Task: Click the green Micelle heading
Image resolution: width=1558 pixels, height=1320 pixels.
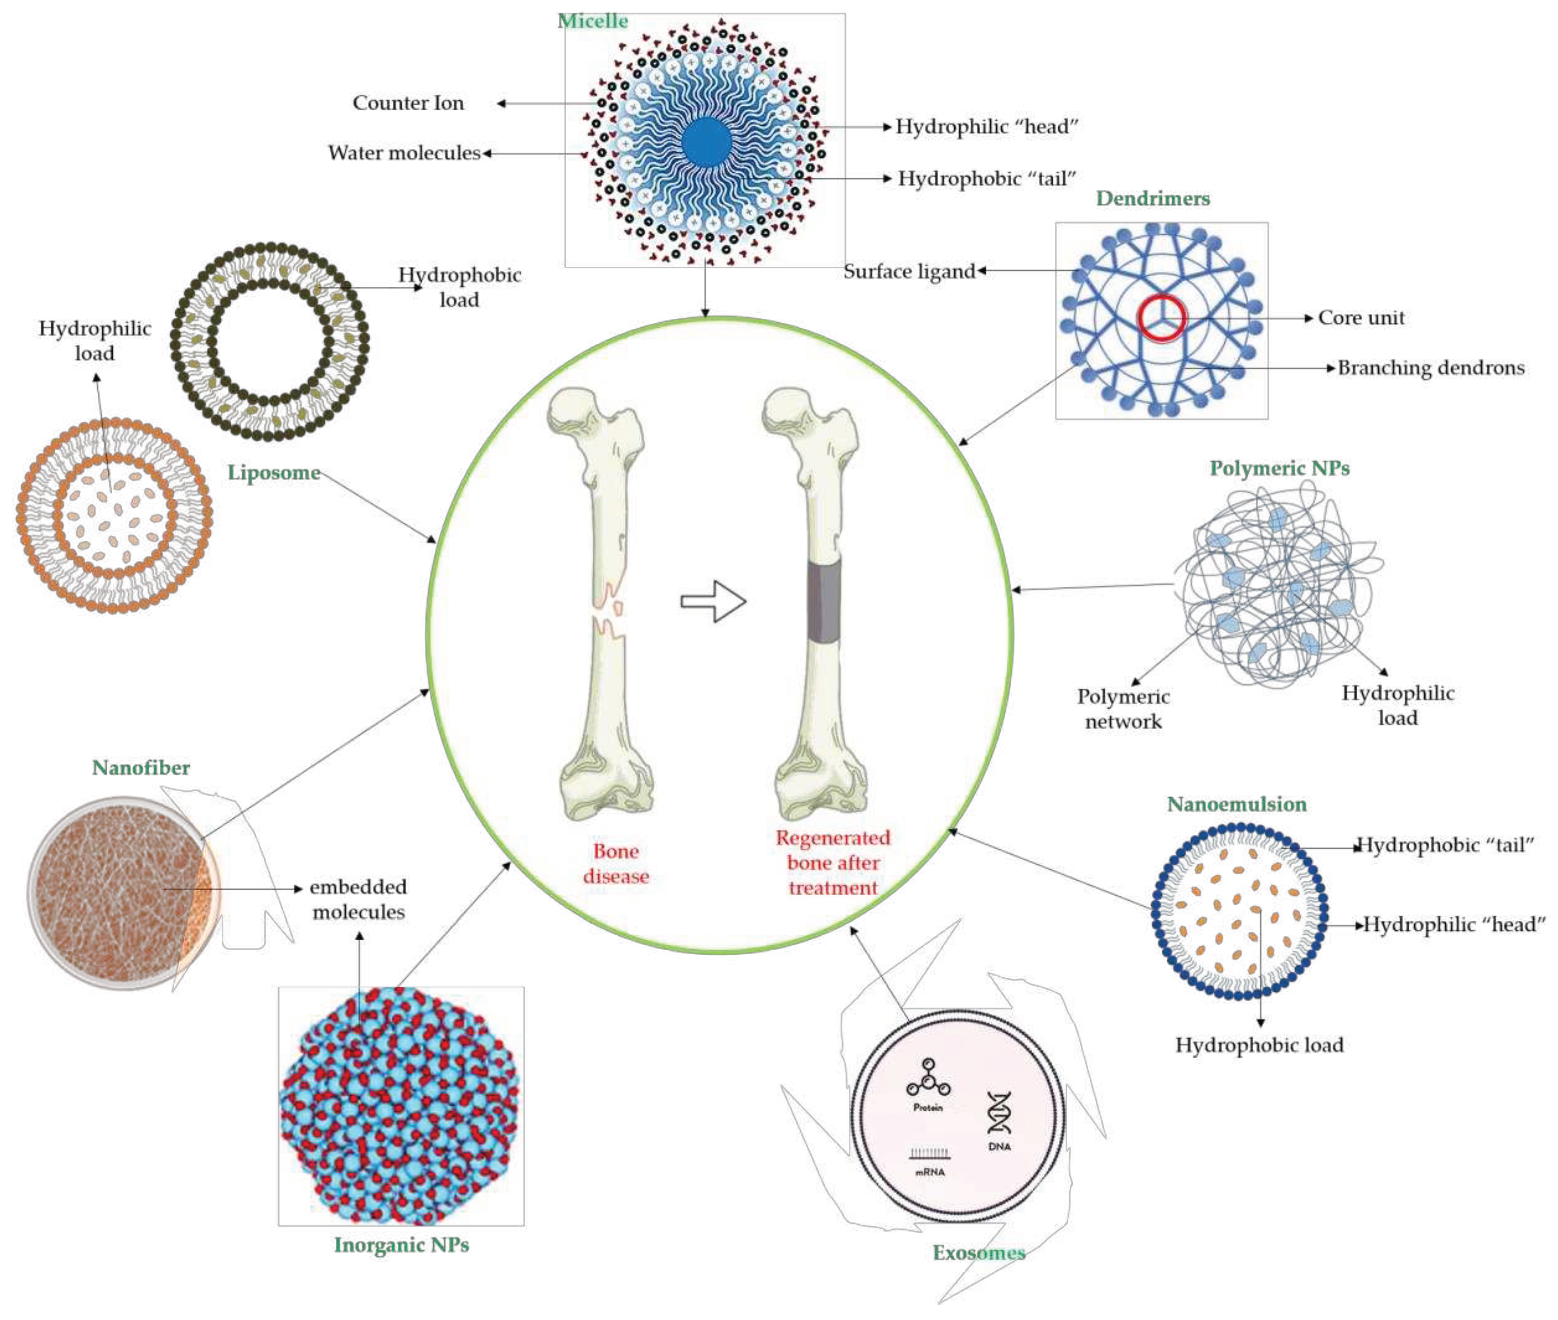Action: pos(593,21)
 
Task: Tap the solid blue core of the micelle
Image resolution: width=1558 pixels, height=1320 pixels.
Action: pos(706,142)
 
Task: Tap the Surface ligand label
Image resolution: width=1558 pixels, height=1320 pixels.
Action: pos(909,271)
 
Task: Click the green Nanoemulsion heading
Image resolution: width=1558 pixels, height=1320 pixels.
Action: pos(1236,804)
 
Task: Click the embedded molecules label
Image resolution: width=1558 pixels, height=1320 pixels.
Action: pos(358,899)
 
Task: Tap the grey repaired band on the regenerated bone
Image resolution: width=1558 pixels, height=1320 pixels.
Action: pos(824,600)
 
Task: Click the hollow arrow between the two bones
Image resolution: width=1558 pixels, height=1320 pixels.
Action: pos(713,601)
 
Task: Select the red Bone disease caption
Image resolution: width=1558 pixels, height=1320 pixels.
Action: pos(616,863)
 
